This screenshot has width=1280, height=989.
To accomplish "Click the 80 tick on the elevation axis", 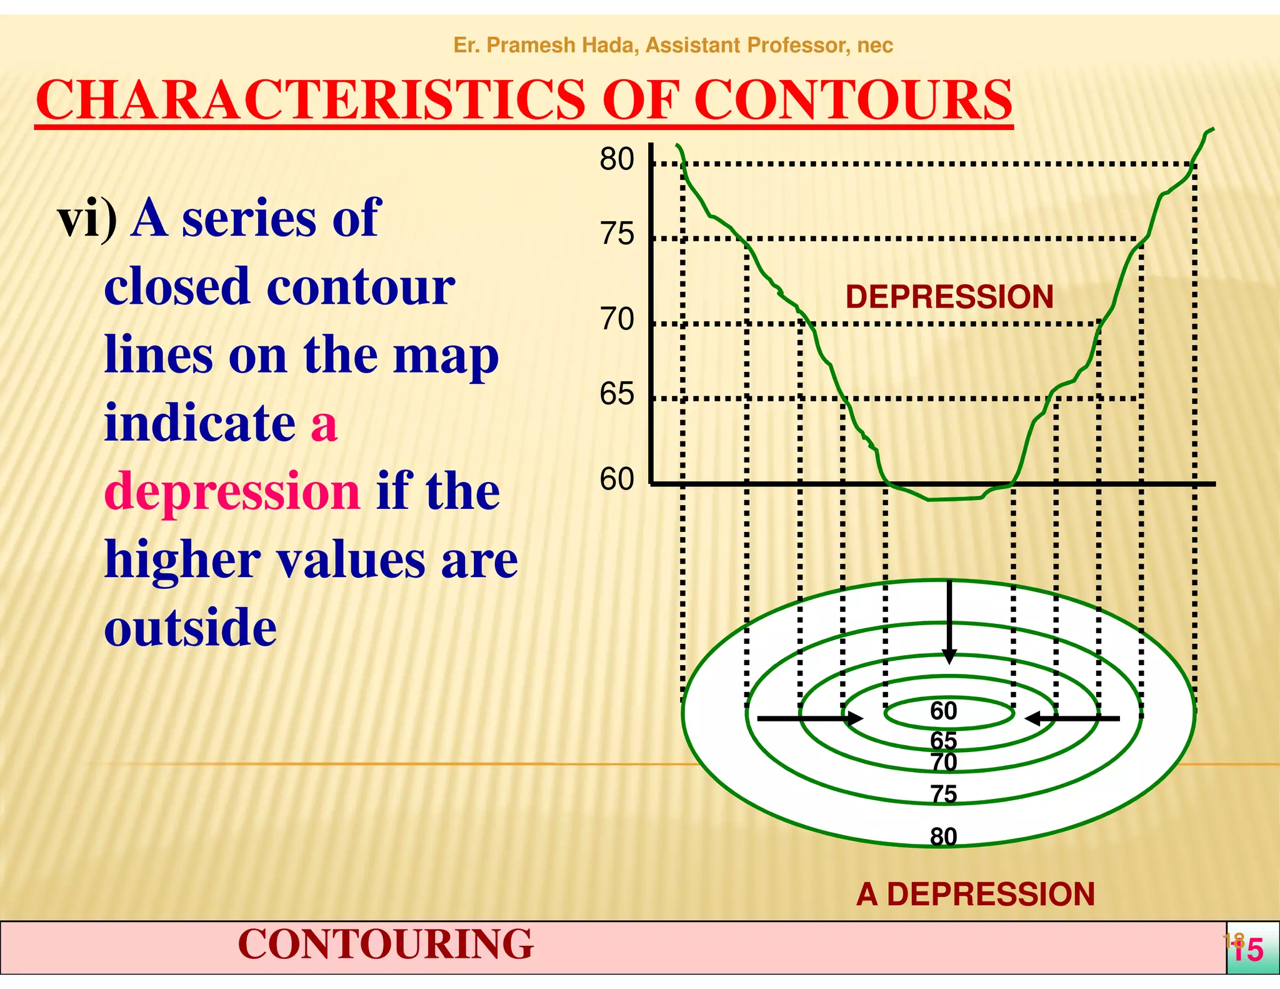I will [x=616, y=159].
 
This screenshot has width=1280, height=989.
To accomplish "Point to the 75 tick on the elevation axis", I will [x=616, y=234].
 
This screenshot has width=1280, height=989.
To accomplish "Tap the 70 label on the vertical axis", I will [x=616, y=319].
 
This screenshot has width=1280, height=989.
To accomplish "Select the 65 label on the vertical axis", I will [x=616, y=394].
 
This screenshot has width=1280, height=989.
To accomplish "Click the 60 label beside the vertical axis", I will [x=616, y=479].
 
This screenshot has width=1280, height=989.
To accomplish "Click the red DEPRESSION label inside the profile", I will [x=949, y=297].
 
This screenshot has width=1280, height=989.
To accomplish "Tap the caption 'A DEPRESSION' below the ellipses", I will [x=975, y=894].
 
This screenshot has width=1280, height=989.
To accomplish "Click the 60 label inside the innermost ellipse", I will [x=943, y=711].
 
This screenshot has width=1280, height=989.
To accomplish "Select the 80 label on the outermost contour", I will [x=943, y=836].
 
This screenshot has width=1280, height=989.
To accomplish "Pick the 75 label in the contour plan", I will [x=943, y=794].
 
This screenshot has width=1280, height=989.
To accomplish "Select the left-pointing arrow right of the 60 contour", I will [x=1072, y=719].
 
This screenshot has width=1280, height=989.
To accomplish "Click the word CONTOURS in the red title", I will [x=852, y=100].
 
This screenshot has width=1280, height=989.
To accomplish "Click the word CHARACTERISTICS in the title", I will [x=310, y=100].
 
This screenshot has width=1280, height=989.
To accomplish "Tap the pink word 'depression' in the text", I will [x=232, y=491].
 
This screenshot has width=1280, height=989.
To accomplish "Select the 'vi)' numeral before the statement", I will [x=87, y=218].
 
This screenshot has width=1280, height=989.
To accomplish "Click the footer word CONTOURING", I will [x=385, y=944].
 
